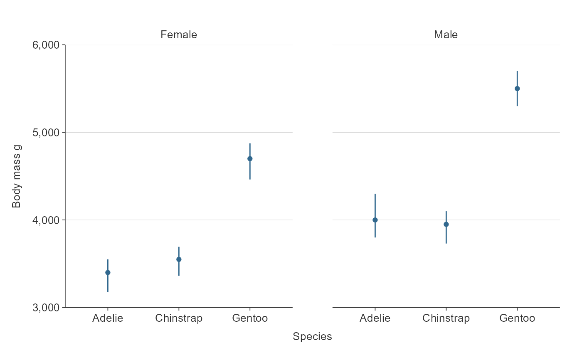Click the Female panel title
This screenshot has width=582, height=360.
(x=179, y=35)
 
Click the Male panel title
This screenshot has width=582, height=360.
(x=446, y=35)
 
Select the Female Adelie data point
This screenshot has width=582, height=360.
(x=108, y=273)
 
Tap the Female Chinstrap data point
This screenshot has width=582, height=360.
(x=179, y=259)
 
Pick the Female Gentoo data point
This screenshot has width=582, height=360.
(x=250, y=159)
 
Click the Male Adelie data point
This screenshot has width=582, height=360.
(x=375, y=220)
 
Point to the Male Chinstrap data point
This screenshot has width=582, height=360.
(x=446, y=224)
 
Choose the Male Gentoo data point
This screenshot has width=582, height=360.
(x=517, y=89)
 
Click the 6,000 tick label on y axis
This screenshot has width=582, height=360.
(x=46, y=45)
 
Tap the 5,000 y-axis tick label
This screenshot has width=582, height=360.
(x=46, y=133)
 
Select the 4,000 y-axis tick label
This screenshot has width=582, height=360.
(x=46, y=220)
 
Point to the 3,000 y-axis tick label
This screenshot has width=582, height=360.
(x=46, y=308)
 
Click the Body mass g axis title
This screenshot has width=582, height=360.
(x=17, y=176)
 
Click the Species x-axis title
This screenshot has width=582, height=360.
(x=312, y=337)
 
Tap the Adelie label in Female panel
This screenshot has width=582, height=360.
(x=108, y=318)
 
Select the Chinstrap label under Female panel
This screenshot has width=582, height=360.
(x=179, y=318)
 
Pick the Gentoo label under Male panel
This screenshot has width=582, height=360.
(x=517, y=318)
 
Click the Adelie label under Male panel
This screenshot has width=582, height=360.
(x=375, y=318)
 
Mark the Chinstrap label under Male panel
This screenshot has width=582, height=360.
(x=446, y=318)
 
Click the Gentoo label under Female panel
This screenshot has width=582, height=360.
(x=250, y=318)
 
